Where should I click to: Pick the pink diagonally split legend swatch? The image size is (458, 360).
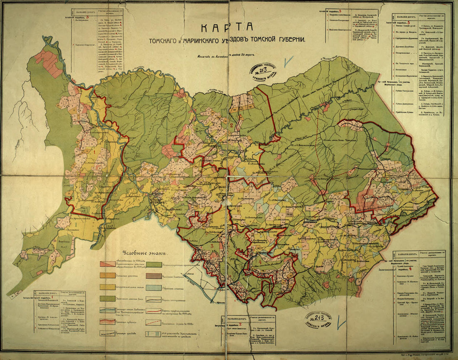(107, 264)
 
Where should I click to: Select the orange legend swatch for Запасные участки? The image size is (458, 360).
(107, 275)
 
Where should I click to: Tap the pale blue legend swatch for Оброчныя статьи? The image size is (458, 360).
(154, 288)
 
